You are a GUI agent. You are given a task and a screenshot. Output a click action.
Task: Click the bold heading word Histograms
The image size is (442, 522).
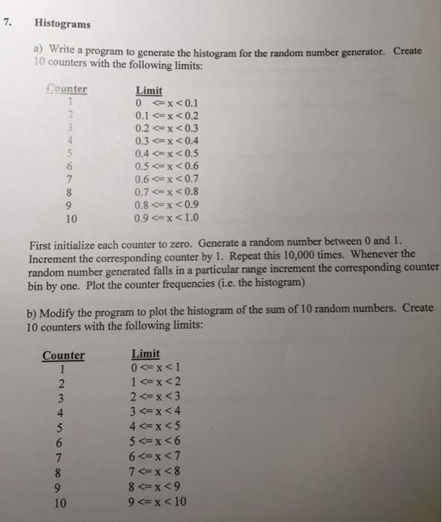62,23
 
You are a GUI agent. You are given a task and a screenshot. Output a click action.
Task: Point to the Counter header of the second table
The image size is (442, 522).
63,355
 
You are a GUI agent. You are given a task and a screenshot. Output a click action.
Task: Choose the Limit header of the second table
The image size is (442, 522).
145,353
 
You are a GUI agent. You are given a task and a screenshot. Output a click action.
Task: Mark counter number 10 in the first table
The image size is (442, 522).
70,219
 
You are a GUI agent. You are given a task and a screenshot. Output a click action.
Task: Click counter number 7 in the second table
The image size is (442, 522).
63,457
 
